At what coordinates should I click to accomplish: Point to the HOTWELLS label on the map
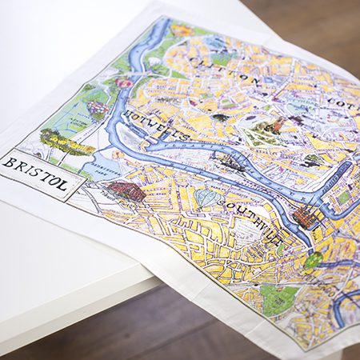click(x=164, y=131)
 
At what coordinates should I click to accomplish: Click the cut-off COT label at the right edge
click(x=341, y=103)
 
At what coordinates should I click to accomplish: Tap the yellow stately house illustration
click(x=64, y=144)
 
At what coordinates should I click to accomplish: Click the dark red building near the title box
click(x=126, y=190)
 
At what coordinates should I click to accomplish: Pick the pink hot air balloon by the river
click(x=124, y=83)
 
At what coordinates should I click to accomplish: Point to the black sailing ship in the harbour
click(x=231, y=164)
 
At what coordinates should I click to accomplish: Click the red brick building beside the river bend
click(x=306, y=215)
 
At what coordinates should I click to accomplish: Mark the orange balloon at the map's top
click(x=182, y=31)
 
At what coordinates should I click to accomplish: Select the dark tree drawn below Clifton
click(x=221, y=118)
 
